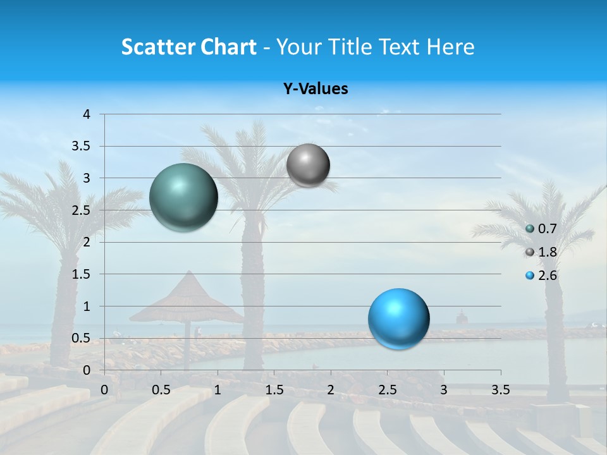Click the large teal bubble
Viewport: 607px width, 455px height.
coord(183,197)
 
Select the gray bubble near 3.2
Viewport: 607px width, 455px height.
coord(308,166)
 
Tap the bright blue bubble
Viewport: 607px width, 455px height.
coord(398,318)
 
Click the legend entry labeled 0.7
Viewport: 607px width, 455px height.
coord(541,229)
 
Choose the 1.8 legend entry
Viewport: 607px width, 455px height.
coord(541,252)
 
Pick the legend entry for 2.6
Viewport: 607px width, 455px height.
coord(541,276)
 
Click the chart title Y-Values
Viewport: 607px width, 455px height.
coord(316,89)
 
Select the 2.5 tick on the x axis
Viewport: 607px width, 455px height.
coord(387,389)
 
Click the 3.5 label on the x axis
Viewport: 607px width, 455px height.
coord(500,389)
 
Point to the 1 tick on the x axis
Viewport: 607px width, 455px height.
coord(218,389)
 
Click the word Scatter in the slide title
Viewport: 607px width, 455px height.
coord(157,47)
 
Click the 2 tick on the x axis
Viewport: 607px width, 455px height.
coord(331,389)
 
